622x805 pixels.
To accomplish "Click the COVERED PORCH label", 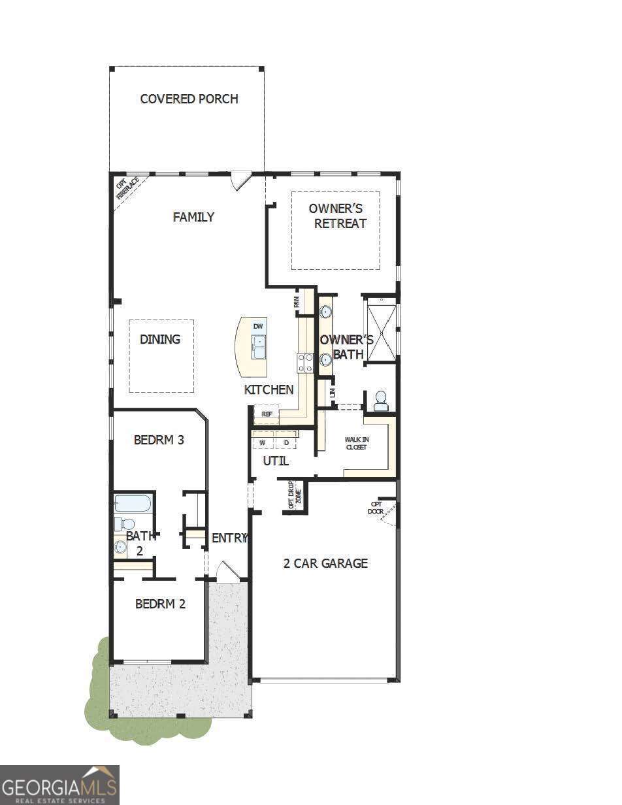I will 189,99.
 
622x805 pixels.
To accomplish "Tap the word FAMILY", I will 193,217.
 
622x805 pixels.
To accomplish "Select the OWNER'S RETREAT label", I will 336,216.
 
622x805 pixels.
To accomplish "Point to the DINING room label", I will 160,339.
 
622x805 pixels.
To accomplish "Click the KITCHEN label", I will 269,389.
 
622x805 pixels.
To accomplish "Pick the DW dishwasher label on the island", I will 258,326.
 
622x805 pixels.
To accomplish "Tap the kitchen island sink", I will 259,347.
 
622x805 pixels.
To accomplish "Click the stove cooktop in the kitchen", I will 305,363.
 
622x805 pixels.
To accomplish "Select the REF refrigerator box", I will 267,414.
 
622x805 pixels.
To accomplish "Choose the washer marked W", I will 263,443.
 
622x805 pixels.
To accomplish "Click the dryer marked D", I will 286,443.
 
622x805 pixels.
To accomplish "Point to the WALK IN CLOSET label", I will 356,443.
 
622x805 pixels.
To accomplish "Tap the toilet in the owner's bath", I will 380,401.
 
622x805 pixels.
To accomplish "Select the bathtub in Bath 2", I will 133,503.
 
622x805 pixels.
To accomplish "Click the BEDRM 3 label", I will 159,440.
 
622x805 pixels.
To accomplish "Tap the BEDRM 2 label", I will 160,604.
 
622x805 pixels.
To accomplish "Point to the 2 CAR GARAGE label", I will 325,563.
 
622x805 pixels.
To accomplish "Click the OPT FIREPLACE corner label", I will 127,189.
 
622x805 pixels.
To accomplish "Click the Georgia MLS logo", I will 59,785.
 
